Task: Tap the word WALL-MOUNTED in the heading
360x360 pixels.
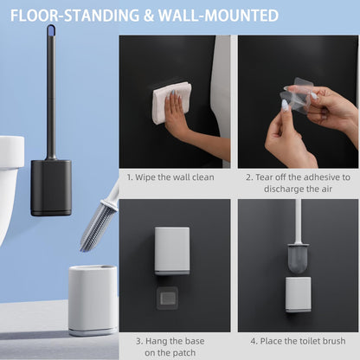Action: (218, 16)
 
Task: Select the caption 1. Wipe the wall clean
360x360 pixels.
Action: (170, 177)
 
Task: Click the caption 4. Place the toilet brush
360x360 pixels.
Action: (298, 341)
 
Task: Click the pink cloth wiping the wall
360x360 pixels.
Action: (172, 102)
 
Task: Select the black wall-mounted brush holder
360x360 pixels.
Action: (51, 188)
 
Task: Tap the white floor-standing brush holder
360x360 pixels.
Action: (93, 300)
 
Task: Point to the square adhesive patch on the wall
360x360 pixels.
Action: (167, 299)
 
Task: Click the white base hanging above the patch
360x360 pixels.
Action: (172, 251)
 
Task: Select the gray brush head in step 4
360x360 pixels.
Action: (299, 259)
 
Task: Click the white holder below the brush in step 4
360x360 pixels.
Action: (299, 294)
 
